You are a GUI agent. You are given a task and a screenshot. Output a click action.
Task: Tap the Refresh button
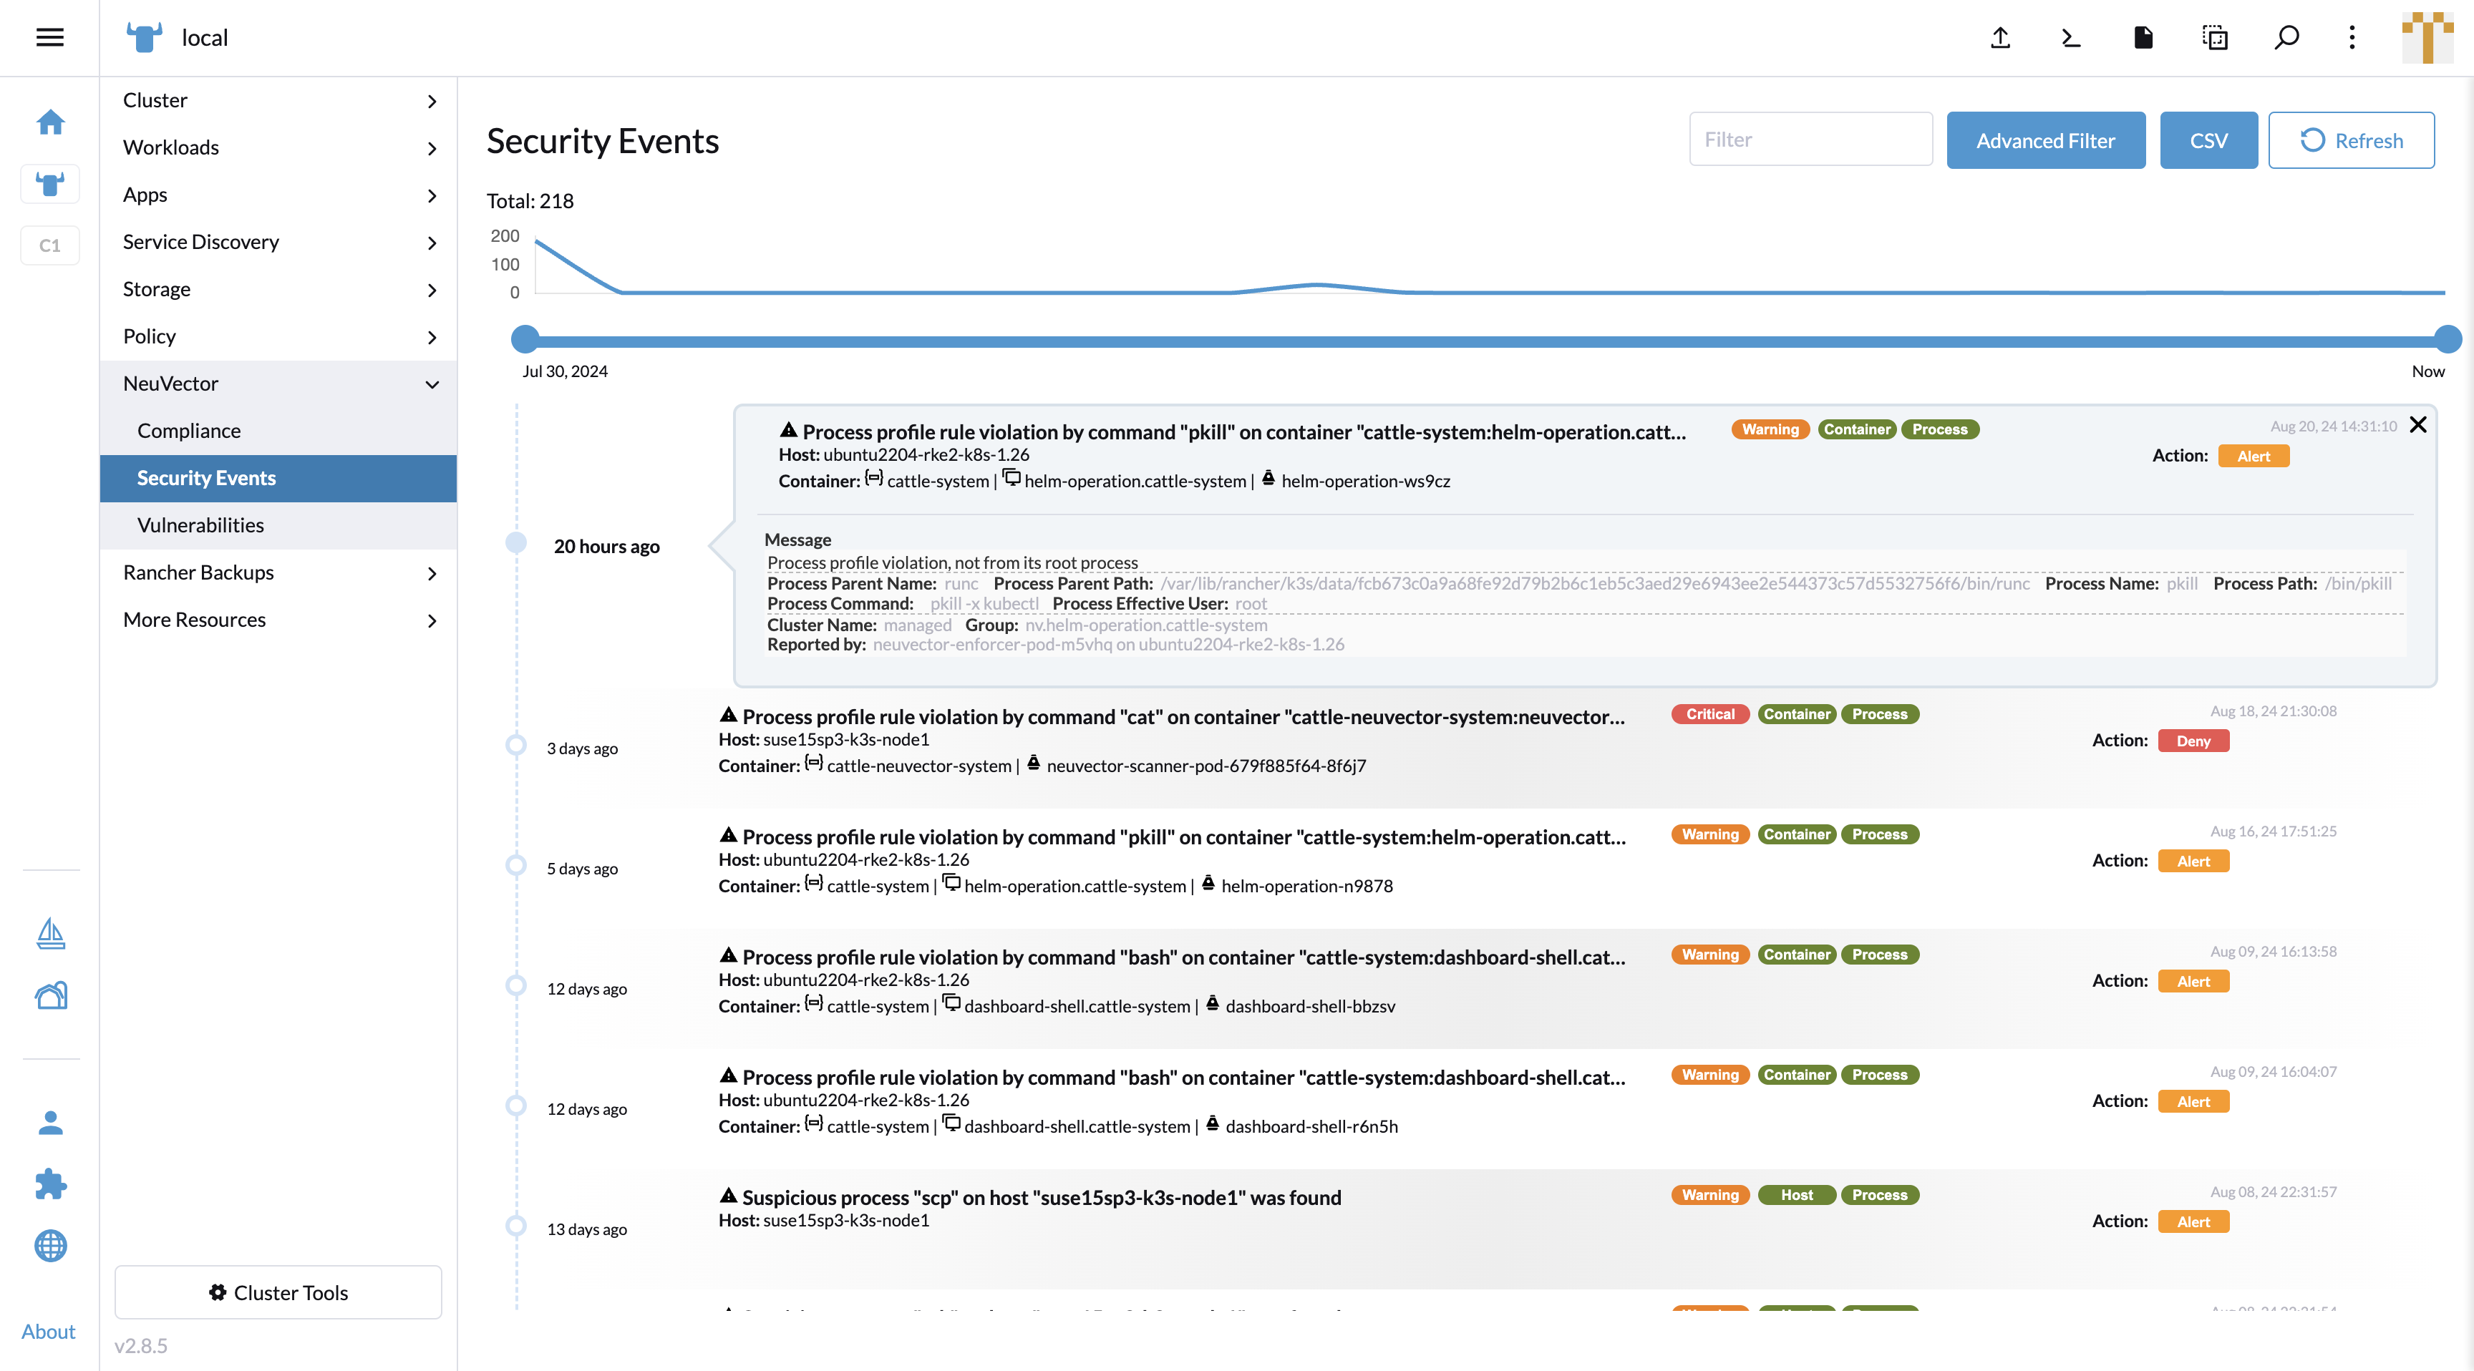coord(2350,140)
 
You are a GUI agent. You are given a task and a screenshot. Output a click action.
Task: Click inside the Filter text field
coord(1810,140)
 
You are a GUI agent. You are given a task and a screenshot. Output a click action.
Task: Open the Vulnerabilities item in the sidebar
coord(200,525)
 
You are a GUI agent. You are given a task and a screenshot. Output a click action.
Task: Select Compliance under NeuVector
coord(189,431)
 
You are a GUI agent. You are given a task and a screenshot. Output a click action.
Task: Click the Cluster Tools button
coord(278,1292)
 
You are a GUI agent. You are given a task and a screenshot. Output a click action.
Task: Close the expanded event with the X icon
coord(2417,424)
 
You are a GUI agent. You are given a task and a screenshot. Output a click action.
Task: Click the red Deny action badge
coord(2193,741)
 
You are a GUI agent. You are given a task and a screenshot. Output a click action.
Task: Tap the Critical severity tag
coord(1709,714)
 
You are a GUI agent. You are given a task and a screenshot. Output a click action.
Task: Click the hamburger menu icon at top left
coord(50,37)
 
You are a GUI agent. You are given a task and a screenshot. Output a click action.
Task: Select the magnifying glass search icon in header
coord(2286,37)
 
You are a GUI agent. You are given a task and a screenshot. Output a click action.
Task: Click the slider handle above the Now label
coord(2446,339)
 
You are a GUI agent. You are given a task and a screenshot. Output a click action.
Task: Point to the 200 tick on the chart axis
coord(505,236)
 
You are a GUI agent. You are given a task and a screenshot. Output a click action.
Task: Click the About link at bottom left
coord(48,1332)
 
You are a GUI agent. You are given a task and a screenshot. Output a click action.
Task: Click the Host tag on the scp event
coord(1796,1195)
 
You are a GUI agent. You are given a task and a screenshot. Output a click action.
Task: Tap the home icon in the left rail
coord(50,122)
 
